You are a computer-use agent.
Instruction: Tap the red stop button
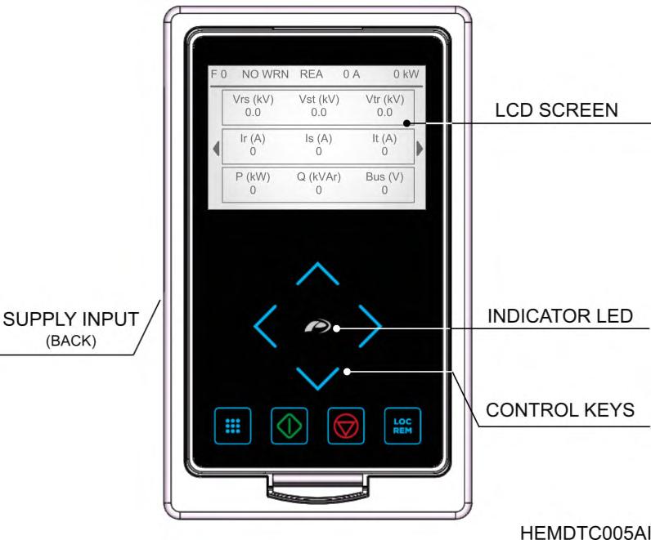click(x=343, y=426)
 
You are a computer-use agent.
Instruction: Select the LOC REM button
click(x=403, y=426)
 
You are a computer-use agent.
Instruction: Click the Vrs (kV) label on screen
click(x=253, y=99)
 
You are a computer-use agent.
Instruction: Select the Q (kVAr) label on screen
click(x=319, y=176)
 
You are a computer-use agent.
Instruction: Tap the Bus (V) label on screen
click(x=384, y=176)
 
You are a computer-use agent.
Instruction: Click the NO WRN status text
click(x=266, y=74)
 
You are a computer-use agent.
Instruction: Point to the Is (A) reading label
click(x=319, y=138)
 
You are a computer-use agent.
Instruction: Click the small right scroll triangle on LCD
click(x=420, y=148)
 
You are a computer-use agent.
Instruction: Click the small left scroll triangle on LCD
click(x=216, y=148)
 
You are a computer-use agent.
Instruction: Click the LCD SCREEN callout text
click(x=557, y=110)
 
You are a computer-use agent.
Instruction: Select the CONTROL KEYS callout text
click(x=560, y=410)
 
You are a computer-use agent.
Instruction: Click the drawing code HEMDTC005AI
click(x=585, y=532)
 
